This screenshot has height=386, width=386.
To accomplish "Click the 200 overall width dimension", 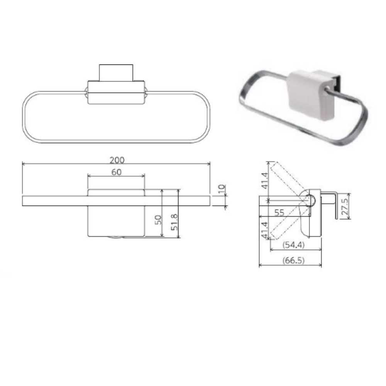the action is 117,160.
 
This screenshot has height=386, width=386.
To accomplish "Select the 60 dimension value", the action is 116,172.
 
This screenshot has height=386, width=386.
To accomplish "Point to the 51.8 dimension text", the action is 174,222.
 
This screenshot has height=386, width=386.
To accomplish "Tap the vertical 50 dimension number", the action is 159,220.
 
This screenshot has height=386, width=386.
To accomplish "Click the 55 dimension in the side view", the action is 279,212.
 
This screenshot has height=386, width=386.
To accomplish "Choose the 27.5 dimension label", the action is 345,207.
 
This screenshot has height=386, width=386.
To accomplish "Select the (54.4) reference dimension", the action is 293,245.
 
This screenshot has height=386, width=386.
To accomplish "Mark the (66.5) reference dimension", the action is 293,260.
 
